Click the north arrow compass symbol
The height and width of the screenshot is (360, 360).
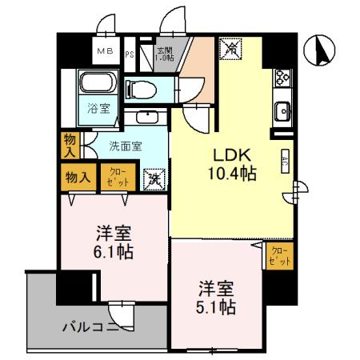click(x=323, y=53)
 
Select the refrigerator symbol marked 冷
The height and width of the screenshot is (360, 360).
click(x=230, y=49)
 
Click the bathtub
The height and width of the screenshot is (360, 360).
click(x=98, y=84)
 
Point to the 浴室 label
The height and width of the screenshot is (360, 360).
click(x=96, y=107)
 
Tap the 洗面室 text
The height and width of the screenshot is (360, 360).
click(x=125, y=147)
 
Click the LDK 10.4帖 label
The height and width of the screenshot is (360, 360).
click(x=233, y=163)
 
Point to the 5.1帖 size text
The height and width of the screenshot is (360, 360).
click(x=216, y=305)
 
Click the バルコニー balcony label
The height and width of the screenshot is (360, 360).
click(x=92, y=326)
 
